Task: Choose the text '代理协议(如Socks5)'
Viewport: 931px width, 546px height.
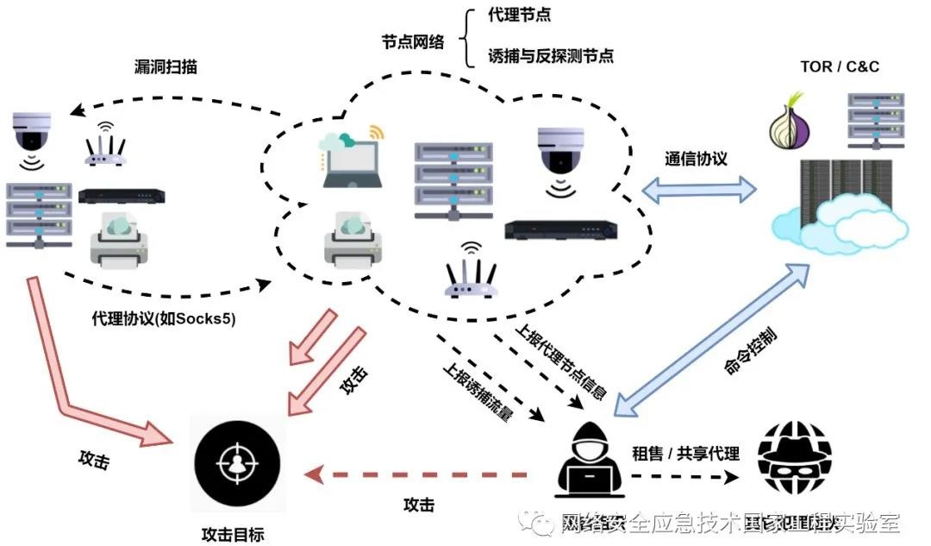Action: (164, 317)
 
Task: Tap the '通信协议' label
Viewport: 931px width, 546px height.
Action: (696, 160)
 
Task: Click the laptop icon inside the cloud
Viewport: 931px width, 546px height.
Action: (350, 160)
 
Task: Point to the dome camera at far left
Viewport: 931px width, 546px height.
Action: (32, 134)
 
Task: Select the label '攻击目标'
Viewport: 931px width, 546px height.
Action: (232, 534)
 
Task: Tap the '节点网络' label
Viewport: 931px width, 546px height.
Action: (413, 41)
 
